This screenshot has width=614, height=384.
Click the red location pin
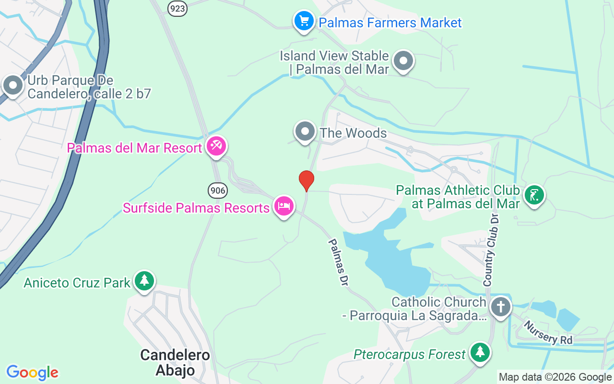(x=307, y=180)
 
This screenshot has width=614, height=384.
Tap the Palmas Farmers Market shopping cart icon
(x=304, y=21)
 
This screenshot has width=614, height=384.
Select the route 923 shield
(x=177, y=8)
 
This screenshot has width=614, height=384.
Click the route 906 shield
(x=217, y=191)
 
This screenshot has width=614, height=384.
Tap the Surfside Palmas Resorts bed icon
(x=283, y=206)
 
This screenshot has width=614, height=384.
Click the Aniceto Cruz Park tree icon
(x=144, y=281)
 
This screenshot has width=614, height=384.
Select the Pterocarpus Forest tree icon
(x=480, y=353)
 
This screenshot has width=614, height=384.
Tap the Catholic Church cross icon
(x=500, y=305)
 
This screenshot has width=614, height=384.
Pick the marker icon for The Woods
(x=305, y=132)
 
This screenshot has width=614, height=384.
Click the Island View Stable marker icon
(x=403, y=61)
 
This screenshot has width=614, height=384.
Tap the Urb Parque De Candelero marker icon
(x=13, y=85)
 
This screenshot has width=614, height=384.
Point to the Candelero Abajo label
(x=175, y=362)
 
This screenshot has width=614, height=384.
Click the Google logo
(x=32, y=372)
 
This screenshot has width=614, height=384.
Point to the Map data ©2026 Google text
(x=555, y=377)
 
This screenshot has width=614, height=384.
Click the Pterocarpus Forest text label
(x=410, y=355)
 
